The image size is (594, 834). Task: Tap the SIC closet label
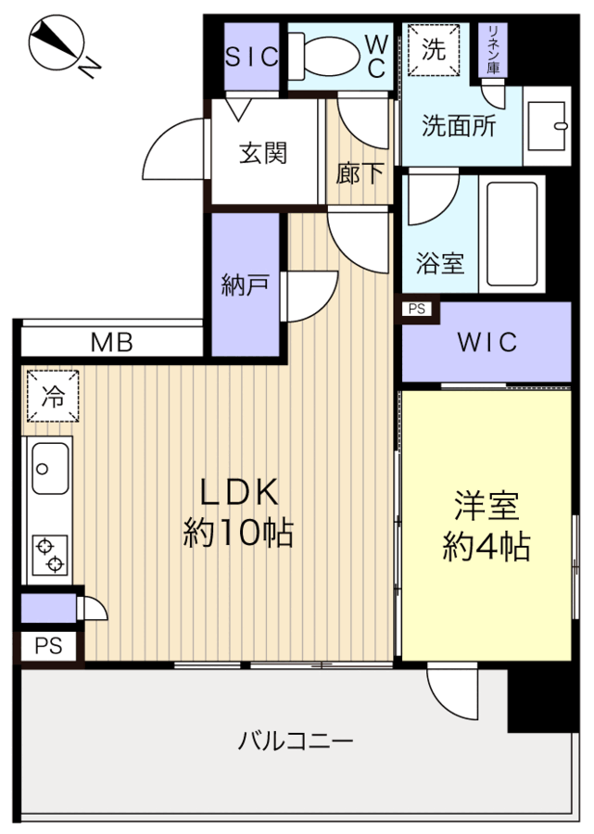(251, 57)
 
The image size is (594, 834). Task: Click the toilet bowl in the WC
(324, 57)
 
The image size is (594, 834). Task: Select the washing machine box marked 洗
(434, 50)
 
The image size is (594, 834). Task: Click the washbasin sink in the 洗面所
(546, 126)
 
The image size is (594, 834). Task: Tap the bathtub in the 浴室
(512, 234)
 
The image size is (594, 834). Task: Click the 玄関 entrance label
(262, 153)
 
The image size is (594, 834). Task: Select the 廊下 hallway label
(360, 173)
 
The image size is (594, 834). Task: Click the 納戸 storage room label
(245, 284)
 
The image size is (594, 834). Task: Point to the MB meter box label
(112, 343)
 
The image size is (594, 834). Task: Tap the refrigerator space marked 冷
(53, 397)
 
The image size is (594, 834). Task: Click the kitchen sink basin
(51, 469)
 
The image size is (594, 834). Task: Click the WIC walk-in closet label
(487, 342)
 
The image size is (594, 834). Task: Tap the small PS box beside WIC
(417, 309)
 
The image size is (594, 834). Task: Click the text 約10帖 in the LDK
(238, 533)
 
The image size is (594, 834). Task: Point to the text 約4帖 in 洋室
(487, 546)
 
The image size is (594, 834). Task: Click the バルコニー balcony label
(296, 741)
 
